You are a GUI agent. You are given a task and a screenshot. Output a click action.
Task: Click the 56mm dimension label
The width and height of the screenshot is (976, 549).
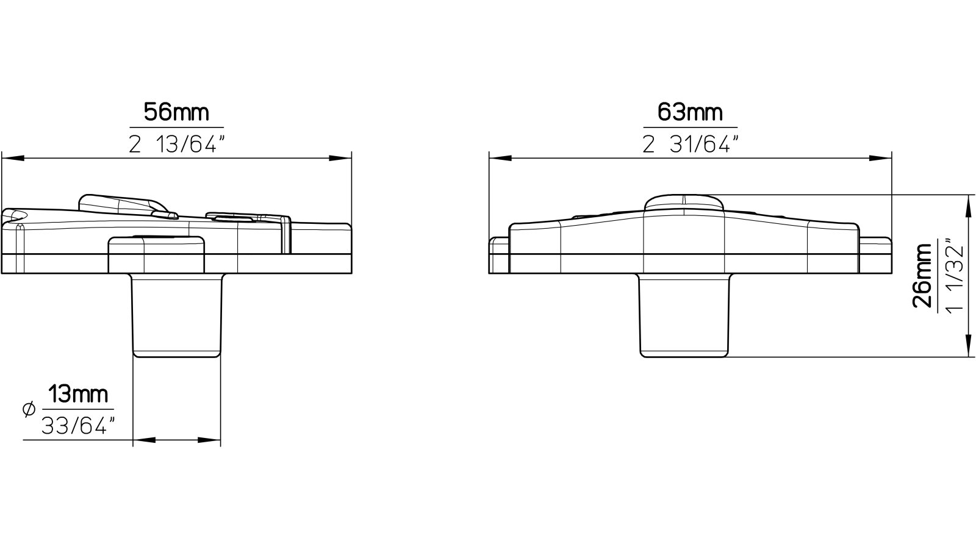[x=176, y=112]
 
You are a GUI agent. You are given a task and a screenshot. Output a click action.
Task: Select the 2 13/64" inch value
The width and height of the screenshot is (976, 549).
[x=177, y=145]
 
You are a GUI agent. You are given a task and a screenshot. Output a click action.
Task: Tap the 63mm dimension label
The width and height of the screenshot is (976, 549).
[x=690, y=112]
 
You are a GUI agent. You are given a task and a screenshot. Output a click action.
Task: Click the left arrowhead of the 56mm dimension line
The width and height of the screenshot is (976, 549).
[x=12, y=159]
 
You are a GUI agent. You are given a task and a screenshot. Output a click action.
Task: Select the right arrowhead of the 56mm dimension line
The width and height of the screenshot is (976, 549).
[x=342, y=159]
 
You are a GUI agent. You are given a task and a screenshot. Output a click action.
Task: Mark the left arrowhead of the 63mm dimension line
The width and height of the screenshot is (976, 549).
[x=500, y=159]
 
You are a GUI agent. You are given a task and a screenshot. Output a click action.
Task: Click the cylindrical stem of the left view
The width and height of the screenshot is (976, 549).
[x=177, y=314]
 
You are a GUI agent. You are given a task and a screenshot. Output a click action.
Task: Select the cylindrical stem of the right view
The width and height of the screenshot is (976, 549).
[x=684, y=314]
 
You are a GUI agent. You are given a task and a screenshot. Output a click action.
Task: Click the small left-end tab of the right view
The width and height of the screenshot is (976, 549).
[x=498, y=254]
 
